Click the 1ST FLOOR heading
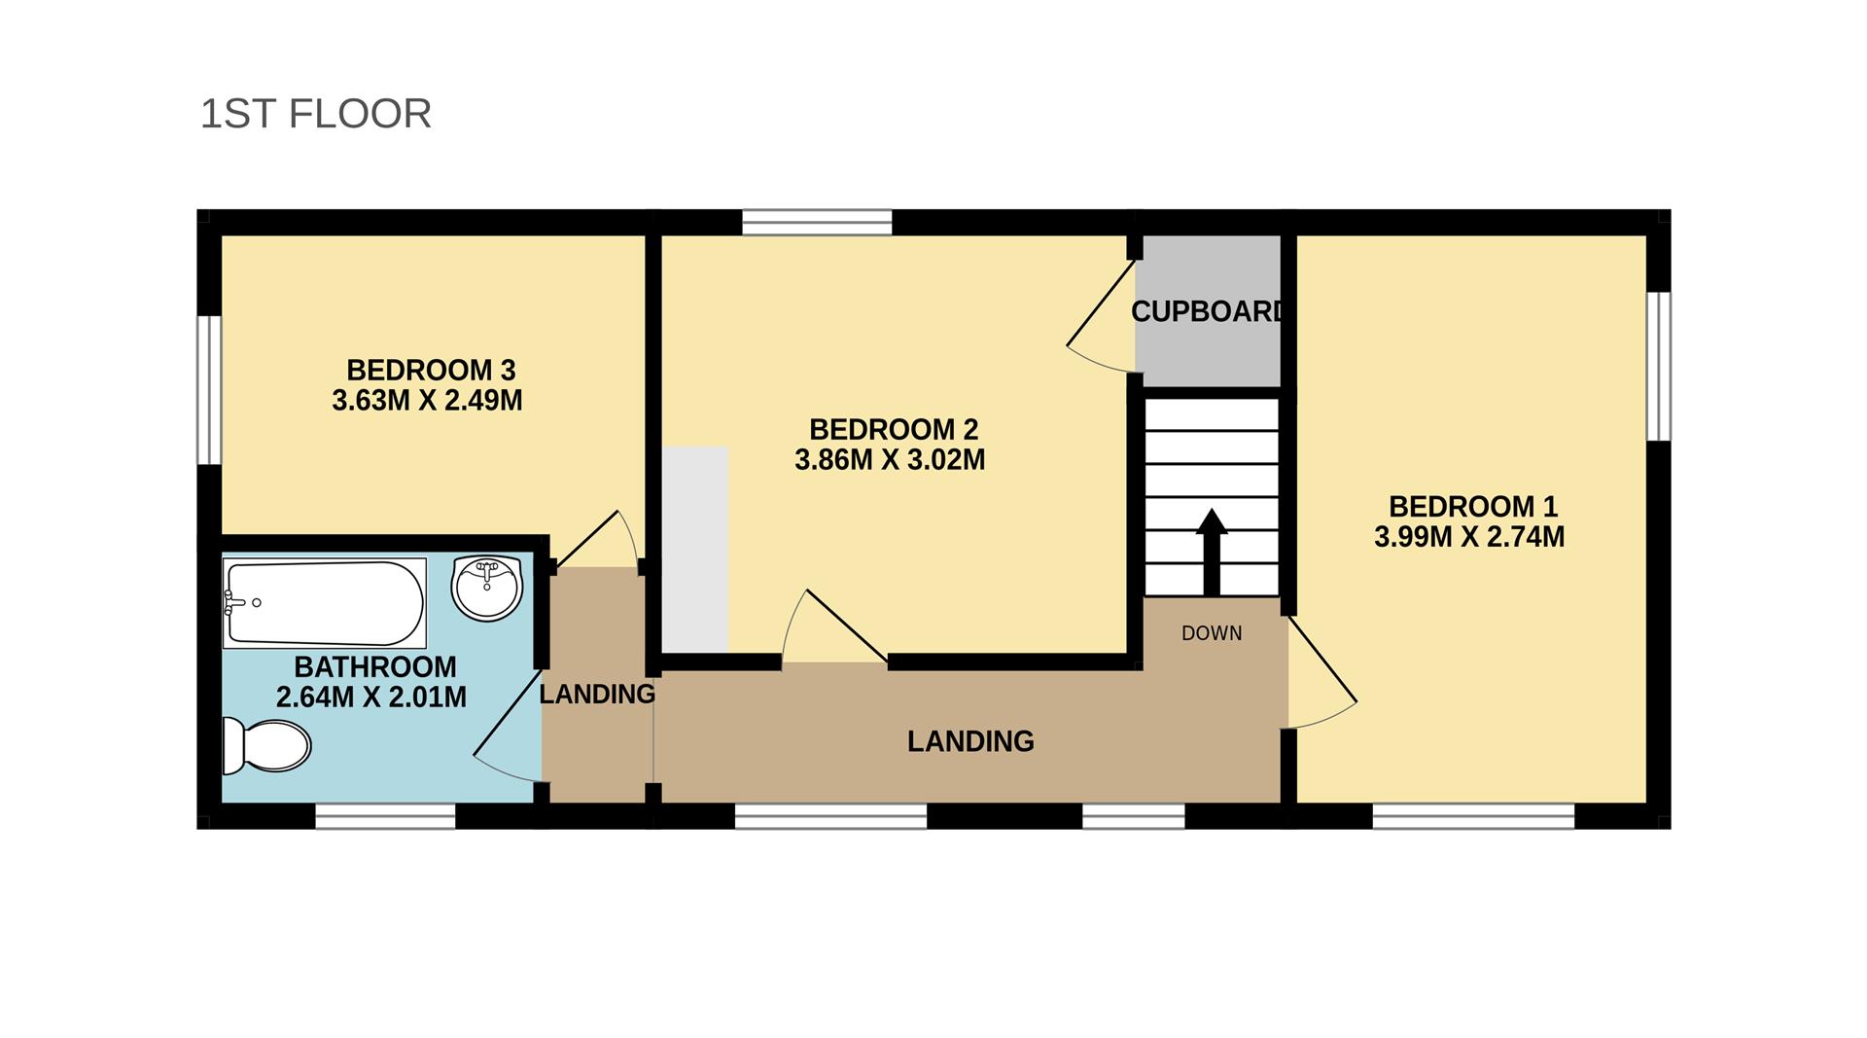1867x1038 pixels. pyautogui.click(x=315, y=114)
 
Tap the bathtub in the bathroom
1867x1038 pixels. pyautogui.click(x=325, y=603)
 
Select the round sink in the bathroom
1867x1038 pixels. pyautogui.click(x=487, y=588)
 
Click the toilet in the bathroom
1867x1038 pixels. pyautogui.click(x=265, y=746)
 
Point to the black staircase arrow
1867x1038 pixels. pyautogui.click(x=1212, y=552)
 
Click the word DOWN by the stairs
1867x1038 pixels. pyautogui.click(x=1212, y=633)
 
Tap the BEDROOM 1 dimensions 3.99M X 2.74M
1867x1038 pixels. pyautogui.click(x=1469, y=537)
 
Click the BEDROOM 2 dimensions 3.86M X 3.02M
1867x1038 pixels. pyautogui.click(x=890, y=460)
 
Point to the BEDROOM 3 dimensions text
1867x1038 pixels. pyautogui.click(x=427, y=401)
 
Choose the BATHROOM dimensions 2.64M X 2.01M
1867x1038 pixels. pyautogui.click(x=371, y=698)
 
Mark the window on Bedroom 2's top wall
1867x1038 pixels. pyautogui.click(x=817, y=223)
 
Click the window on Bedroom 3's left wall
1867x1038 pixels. pyautogui.click(x=209, y=389)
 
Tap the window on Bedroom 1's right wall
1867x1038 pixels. pyautogui.click(x=1659, y=366)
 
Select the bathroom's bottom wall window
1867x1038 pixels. pyautogui.click(x=385, y=815)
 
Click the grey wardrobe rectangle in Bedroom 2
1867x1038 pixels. pyautogui.click(x=695, y=550)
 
